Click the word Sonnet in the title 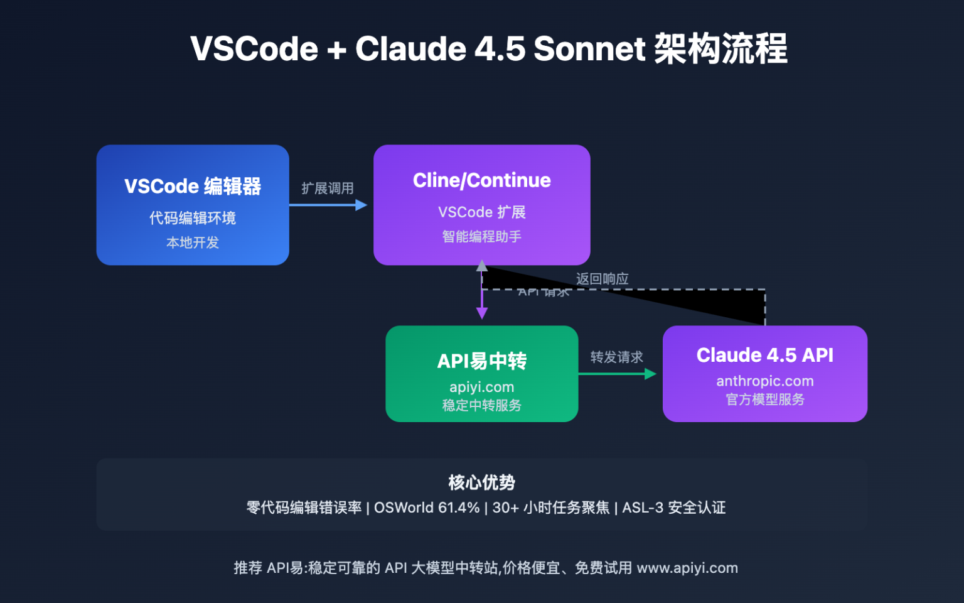[589, 49]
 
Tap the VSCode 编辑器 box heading [193, 187]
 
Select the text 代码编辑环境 [193, 218]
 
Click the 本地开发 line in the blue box [193, 242]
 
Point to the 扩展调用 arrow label [327, 188]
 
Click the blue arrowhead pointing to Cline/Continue [361, 205]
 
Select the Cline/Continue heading [481, 180]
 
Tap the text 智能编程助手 [481, 237]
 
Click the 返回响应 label [602, 278]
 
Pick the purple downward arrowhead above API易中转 [482, 313]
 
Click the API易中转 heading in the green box [481, 361]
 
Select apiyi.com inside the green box [481, 387]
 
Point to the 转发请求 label [616, 357]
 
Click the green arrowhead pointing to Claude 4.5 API [650, 374]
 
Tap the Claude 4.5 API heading [764, 355]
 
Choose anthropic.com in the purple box [764, 381]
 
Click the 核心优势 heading [481, 482]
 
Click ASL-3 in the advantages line [642, 508]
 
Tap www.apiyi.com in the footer [687, 568]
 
